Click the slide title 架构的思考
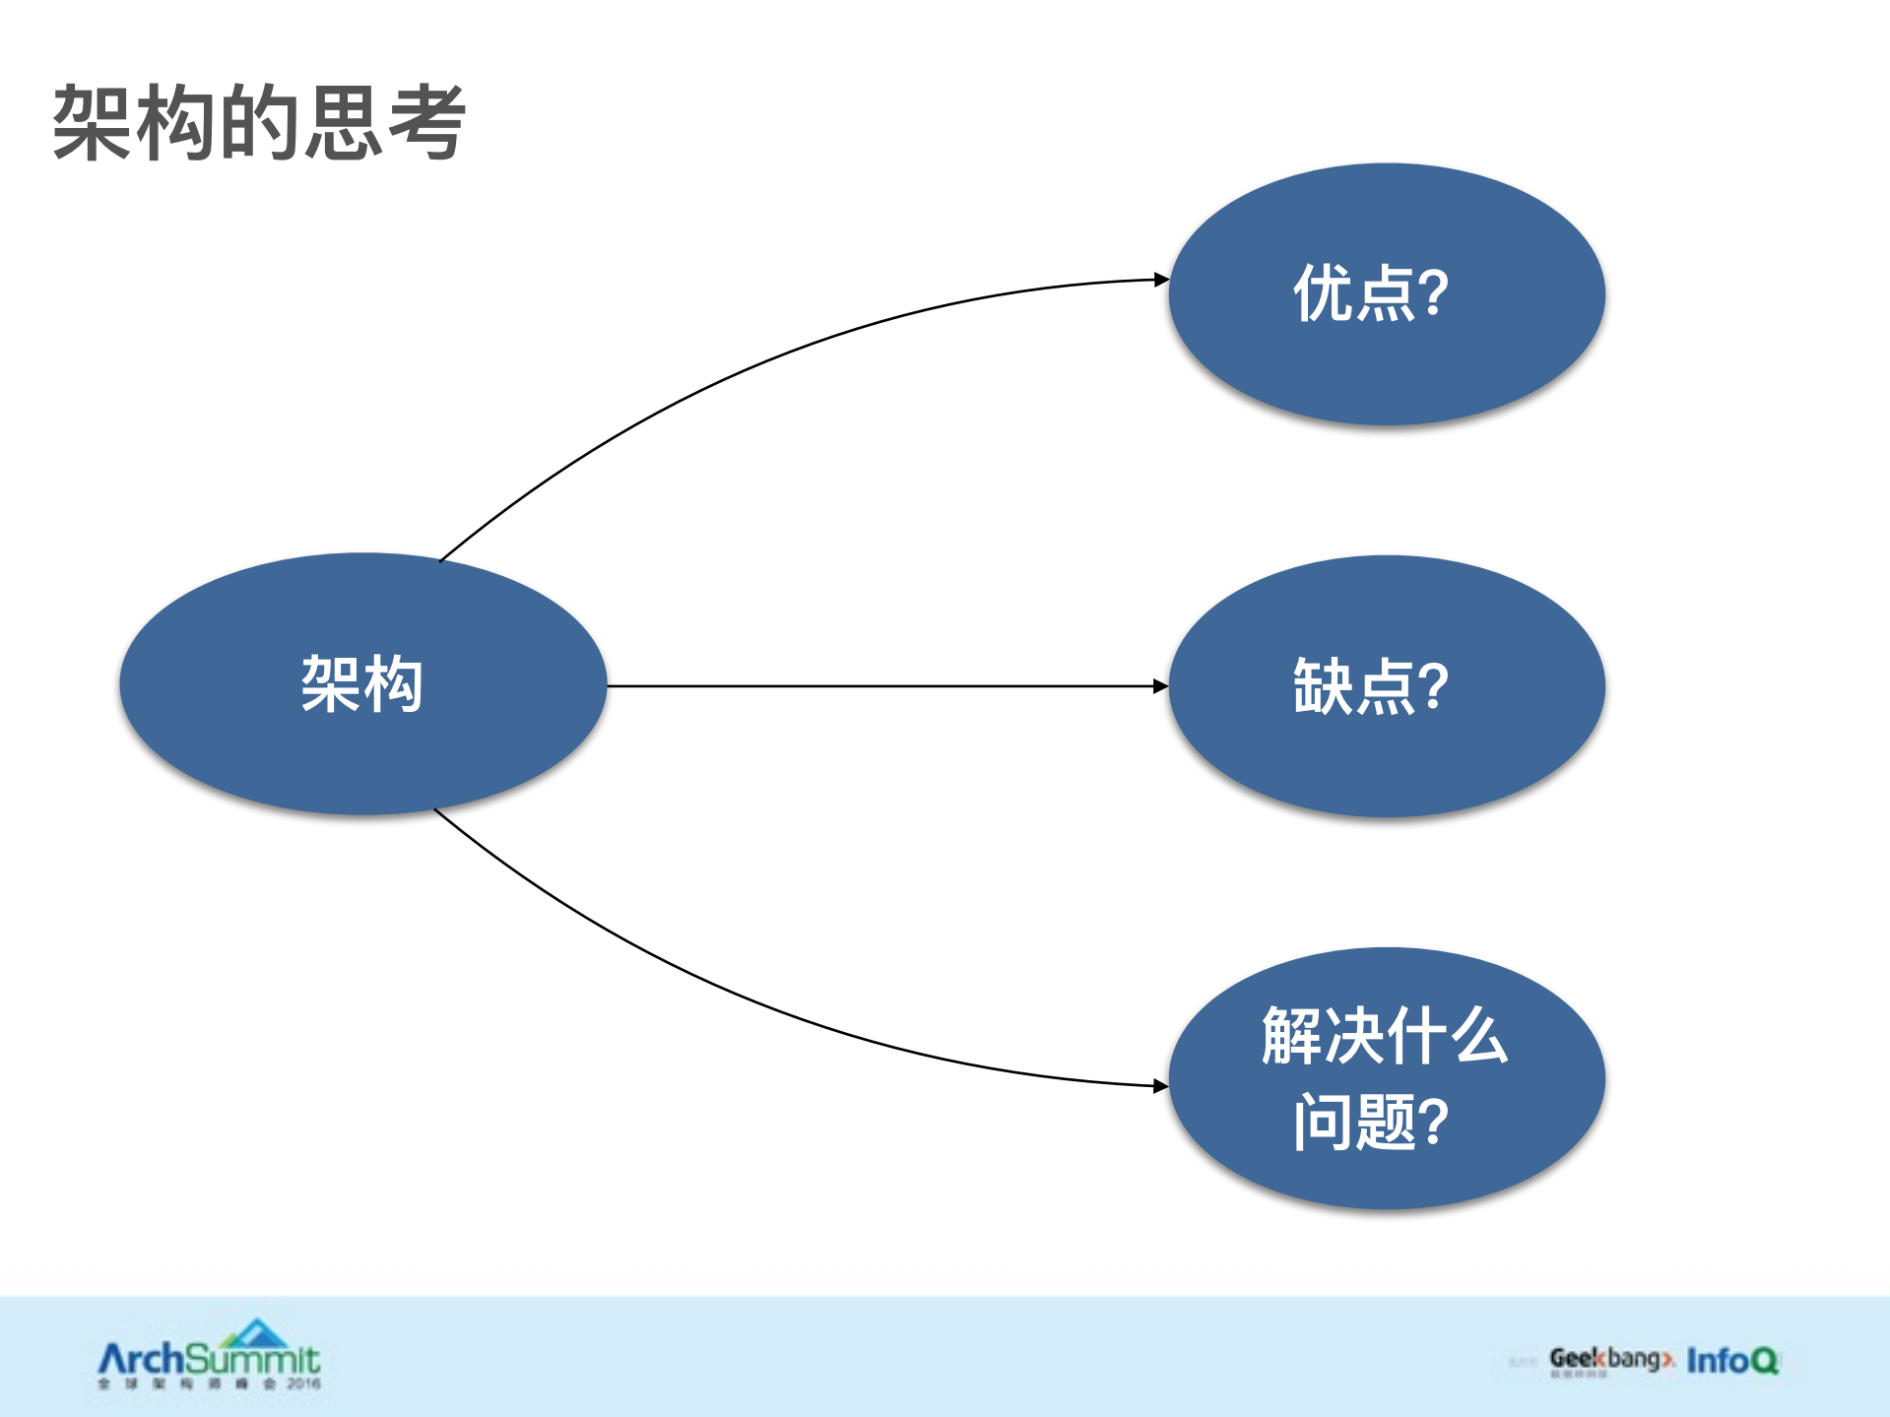[x=259, y=123]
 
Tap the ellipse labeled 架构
[x=362, y=683]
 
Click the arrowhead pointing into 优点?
[x=1161, y=281]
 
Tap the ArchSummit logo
[x=209, y=1359]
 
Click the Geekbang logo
[x=1611, y=1360]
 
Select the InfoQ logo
[x=1732, y=1361]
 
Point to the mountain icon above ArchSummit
[x=256, y=1333]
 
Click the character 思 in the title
[x=343, y=123]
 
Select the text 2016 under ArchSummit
[x=304, y=1384]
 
